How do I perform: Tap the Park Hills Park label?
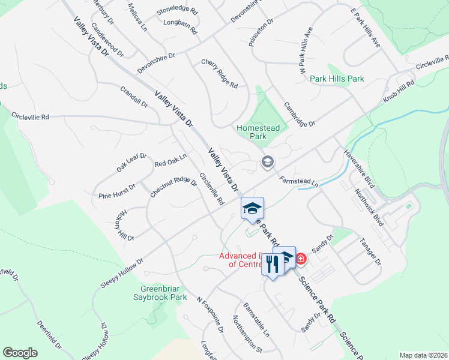coord(337,79)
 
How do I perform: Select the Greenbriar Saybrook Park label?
coord(159,292)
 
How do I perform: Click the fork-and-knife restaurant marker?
coord(272,263)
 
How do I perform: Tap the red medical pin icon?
coord(300,259)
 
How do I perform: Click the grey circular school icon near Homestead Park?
coord(267,161)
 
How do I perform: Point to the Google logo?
coord(20,353)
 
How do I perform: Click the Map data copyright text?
coord(423,355)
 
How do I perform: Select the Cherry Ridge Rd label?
coord(219,74)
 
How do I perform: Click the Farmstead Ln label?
coord(298,179)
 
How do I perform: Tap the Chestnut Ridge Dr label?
coord(173,187)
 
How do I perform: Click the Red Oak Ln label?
coord(170,160)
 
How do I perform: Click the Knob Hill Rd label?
coord(399,92)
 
